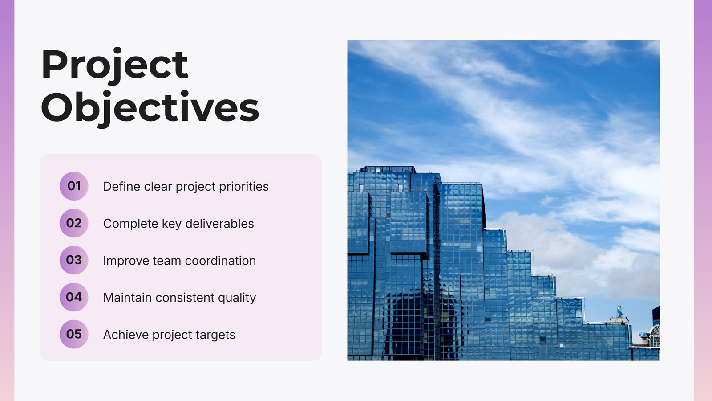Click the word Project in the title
[x=115, y=66]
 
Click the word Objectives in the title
[x=150, y=109]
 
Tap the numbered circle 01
[x=74, y=186]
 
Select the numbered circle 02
[x=74, y=223]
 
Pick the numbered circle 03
[x=74, y=260]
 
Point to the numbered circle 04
[x=74, y=297]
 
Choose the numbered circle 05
[x=74, y=334]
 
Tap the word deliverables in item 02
[x=220, y=224]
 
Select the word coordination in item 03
[x=220, y=261]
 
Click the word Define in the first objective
[x=122, y=187]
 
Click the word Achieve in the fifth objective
[x=126, y=335]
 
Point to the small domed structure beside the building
[x=655, y=336]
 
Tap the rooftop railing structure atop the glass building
[x=388, y=169]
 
